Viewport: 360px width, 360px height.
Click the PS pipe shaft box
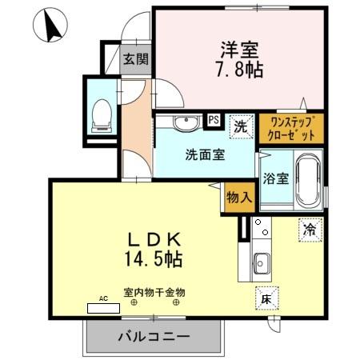tap(213, 119)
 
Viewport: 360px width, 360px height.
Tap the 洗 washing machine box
tap(239, 125)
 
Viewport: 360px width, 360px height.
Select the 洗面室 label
tap(206, 154)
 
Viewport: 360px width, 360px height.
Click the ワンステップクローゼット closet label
tap(291, 127)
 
